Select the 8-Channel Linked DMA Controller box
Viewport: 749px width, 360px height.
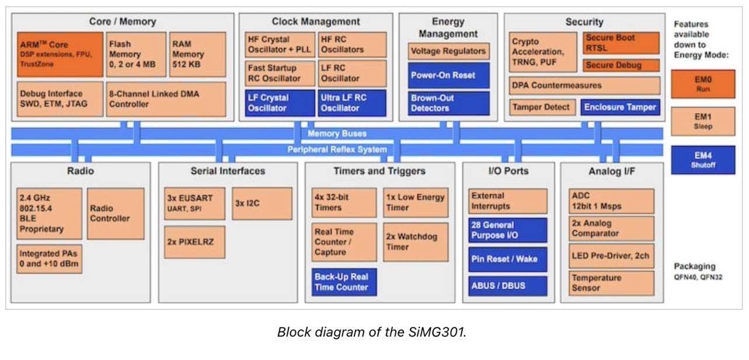pyautogui.click(x=166, y=99)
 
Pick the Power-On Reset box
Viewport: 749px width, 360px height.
pyautogui.click(x=448, y=75)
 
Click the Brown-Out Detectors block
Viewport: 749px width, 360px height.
pyautogui.click(x=448, y=103)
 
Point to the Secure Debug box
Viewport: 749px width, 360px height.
pyautogui.click(x=621, y=65)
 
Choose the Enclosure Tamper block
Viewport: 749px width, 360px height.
pyautogui.click(x=621, y=107)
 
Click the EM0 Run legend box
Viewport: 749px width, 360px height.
pyautogui.click(x=703, y=84)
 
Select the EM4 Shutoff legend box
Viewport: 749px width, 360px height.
pyautogui.click(x=703, y=160)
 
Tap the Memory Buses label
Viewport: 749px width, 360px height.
pyautogui.click(x=337, y=134)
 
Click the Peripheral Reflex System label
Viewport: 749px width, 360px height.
pyautogui.click(x=337, y=150)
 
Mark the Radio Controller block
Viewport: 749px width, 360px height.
pyautogui.click(x=116, y=214)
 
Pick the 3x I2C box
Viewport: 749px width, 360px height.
pyautogui.click(x=262, y=203)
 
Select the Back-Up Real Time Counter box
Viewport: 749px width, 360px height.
pyautogui.click(x=344, y=282)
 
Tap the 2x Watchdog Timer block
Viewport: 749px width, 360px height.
pyautogui.click(x=416, y=242)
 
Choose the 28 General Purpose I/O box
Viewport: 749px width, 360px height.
pyautogui.click(x=507, y=230)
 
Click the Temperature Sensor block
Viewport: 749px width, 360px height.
pyautogui.click(x=611, y=283)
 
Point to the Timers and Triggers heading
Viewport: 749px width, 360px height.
pyautogui.click(x=379, y=171)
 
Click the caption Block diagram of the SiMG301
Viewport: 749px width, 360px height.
pyautogui.click(x=372, y=333)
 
